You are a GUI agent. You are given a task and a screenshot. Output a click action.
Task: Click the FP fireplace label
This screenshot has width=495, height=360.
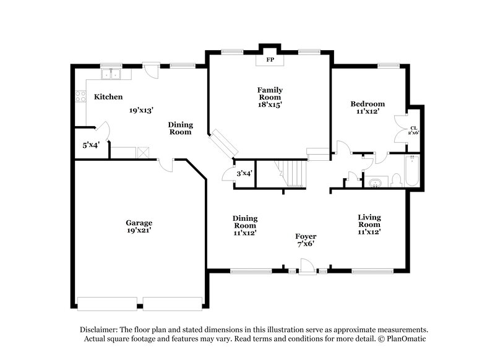270,61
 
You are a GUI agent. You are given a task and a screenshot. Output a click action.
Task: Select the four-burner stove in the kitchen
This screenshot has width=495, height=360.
80,96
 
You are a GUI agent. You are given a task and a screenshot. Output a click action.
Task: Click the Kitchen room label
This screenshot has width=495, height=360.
108,97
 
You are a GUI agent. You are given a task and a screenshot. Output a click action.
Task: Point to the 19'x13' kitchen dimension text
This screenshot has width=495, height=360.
141,110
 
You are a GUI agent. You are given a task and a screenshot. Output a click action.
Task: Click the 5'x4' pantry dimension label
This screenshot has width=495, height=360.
91,146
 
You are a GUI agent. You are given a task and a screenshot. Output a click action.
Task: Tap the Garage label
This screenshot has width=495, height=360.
139,223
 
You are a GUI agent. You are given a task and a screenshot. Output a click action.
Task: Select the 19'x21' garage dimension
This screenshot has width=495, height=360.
139,230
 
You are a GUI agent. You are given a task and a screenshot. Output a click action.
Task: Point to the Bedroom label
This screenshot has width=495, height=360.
368,104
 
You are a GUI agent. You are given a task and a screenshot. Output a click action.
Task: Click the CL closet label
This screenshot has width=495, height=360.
413,128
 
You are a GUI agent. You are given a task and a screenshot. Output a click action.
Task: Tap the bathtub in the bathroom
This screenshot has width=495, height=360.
413,171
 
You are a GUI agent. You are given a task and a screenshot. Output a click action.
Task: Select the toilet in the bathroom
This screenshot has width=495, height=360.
396,180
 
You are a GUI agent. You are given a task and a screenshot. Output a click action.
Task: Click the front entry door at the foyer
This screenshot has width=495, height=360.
306,266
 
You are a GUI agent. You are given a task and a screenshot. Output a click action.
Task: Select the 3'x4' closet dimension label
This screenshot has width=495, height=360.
244,173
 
